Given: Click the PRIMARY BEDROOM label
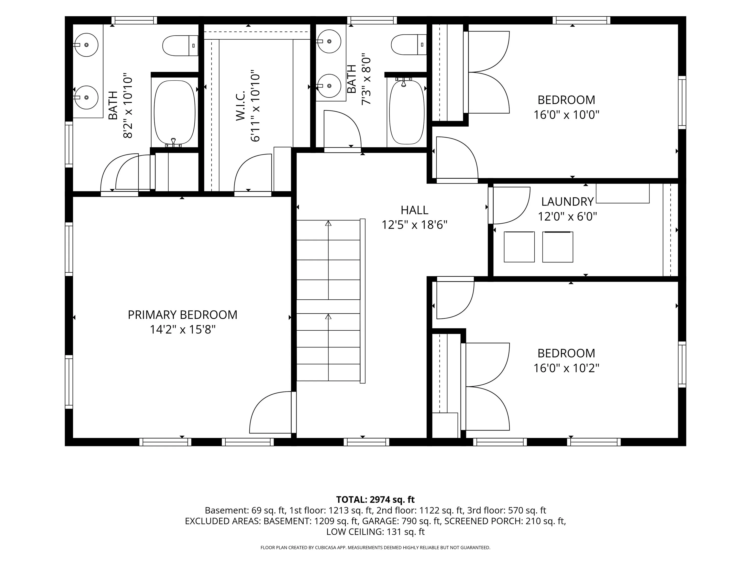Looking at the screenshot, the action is pos(182,315).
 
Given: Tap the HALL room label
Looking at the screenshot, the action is pos(414,210).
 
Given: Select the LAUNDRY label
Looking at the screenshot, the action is pos(567,202).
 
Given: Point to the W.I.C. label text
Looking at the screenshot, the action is pos(240,105).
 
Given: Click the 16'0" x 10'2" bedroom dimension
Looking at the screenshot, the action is pos(566,368).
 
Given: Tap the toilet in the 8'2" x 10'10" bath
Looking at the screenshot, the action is pos(180,45).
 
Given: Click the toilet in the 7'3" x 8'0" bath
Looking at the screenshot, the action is pos(409,44).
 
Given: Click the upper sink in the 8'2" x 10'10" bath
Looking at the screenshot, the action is pos(86,45).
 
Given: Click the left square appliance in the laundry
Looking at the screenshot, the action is pos(519,247).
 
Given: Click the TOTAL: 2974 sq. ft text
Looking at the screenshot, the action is pos(375,499).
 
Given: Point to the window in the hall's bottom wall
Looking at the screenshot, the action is pos(366,442).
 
